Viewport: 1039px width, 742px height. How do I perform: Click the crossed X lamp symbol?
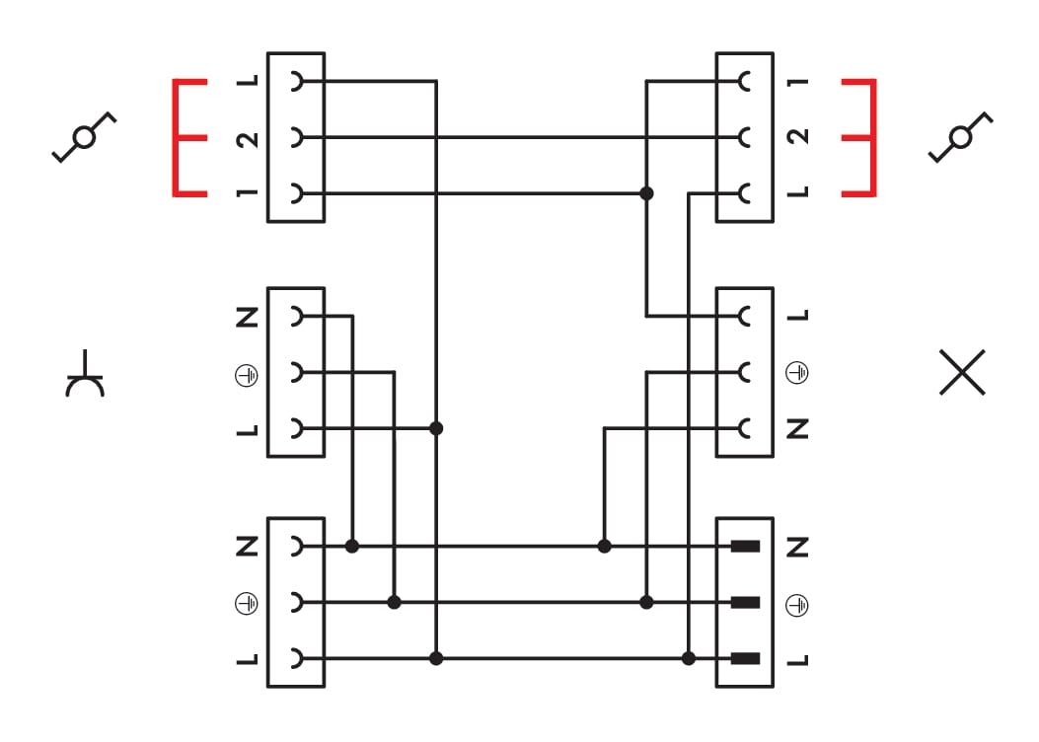coord(962,373)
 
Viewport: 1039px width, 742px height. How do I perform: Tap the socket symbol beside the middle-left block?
coord(86,374)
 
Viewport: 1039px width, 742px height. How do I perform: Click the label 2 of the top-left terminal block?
coord(248,138)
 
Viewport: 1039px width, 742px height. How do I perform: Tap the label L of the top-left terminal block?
coord(248,82)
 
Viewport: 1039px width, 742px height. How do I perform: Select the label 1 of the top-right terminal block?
coord(800,82)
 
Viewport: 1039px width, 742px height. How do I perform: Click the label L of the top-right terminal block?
coord(800,193)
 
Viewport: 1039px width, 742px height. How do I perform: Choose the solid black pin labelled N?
coord(745,546)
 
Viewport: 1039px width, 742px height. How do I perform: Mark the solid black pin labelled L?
coord(745,658)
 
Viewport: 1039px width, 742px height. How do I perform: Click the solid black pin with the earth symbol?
coord(745,602)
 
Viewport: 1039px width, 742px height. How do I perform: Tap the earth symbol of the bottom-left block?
coord(248,602)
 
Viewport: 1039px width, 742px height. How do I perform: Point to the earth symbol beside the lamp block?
coord(800,373)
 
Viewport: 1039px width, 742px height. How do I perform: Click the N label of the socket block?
coord(248,318)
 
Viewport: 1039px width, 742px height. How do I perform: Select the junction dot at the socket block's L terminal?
coord(436,428)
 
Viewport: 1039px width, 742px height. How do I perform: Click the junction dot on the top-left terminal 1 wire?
coord(647,193)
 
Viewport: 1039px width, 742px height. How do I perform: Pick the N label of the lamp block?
coord(800,428)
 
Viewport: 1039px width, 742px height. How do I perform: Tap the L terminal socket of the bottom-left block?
coord(295,658)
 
